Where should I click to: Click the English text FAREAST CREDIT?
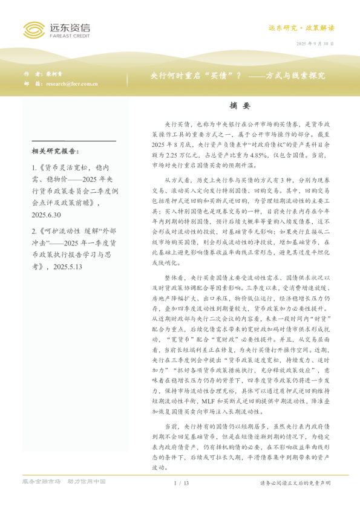click(68, 36)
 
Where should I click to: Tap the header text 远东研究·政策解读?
click(301, 28)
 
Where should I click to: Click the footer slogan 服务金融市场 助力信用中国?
click(64, 482)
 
